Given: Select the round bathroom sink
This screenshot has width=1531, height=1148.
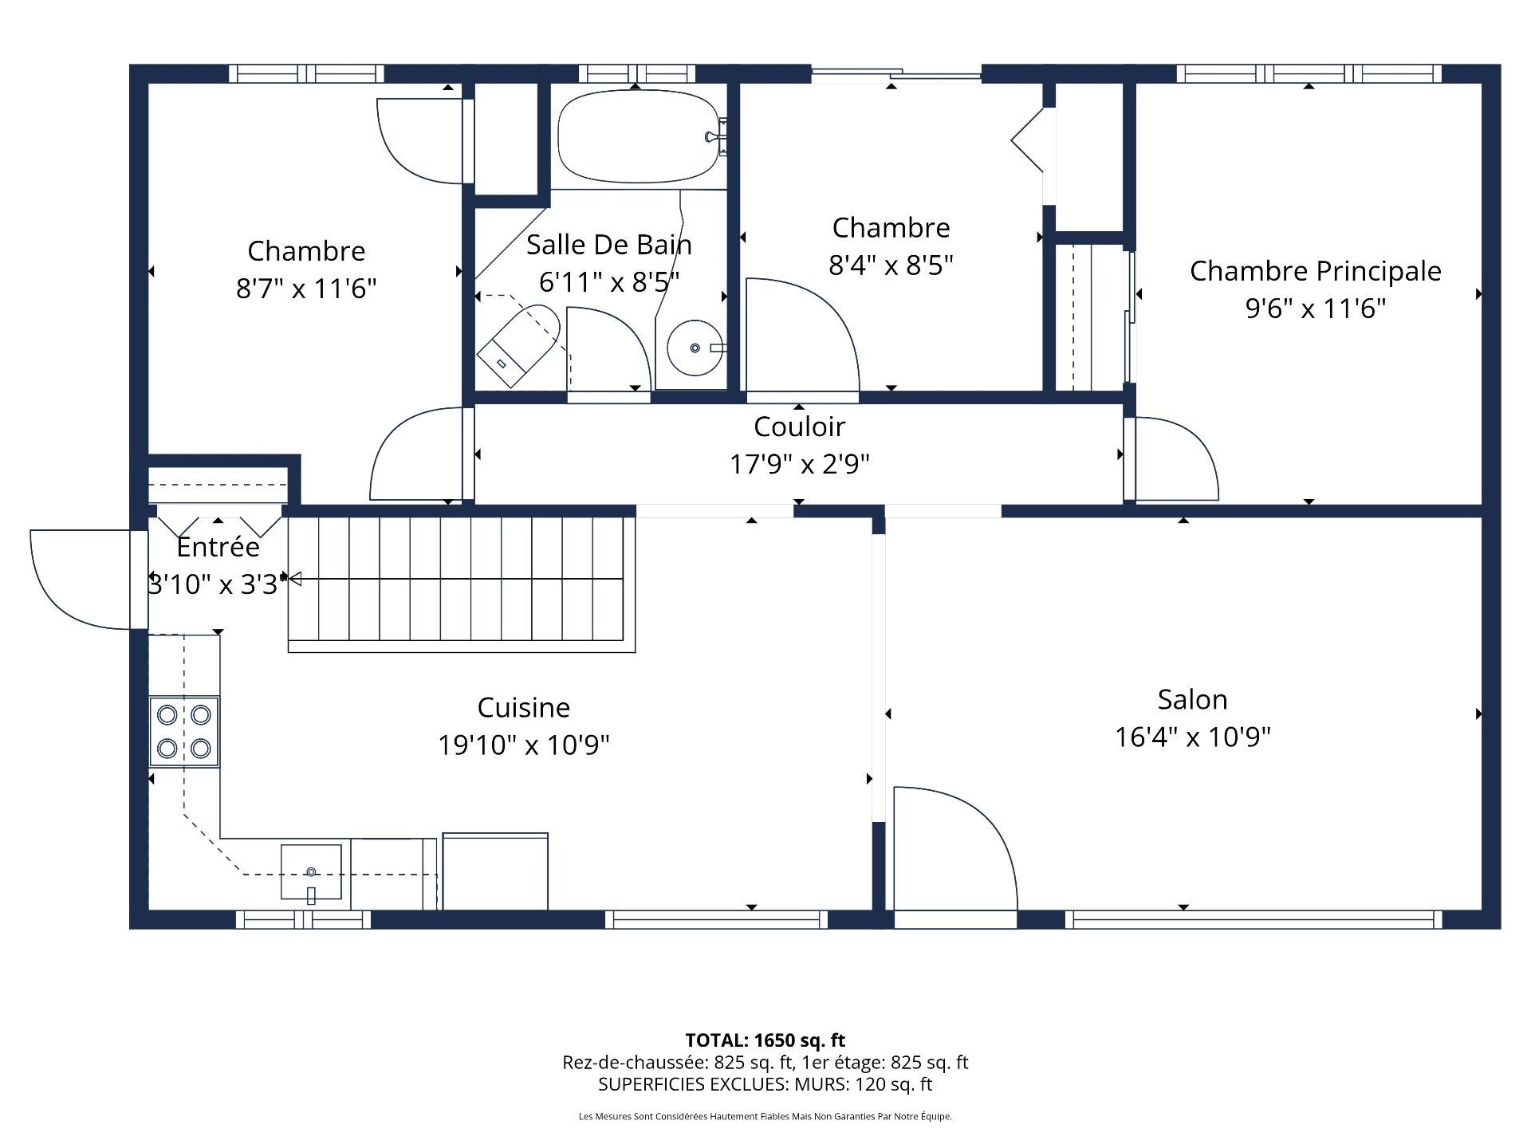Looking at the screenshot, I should pyautogui.click(x=695, y=348).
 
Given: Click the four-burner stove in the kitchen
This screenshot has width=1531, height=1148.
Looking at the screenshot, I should pyautogui.click(x=184, y=731).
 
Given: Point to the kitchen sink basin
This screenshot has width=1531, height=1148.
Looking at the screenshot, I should pyautogui.click(x=311, y=871).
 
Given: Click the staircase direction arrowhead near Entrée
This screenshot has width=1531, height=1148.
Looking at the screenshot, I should pyautogui.click(x=294, y=579).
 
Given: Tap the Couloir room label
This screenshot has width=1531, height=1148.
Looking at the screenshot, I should pyautogui.click(x=799, y=427).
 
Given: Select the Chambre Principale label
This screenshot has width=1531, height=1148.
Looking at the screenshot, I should pyautogui.click(x=1315, y=271).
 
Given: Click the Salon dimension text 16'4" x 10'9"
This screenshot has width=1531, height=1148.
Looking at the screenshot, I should pyautogui.click(x=1192, y=737).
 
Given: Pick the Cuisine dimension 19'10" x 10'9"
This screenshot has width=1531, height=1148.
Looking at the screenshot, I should pyautogui.click(x=524, y=745).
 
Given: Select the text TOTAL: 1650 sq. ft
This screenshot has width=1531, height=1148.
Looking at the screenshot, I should pyautogui.click(x=765, y=1040).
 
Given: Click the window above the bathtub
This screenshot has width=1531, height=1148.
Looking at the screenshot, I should pyautogui.click(x=636, y=73).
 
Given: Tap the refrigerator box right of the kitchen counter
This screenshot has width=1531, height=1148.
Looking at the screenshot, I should pyautogui.click(x=495, y=871).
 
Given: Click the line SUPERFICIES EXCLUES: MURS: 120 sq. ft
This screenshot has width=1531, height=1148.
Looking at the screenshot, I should pyautogui.click(x=765, y=1084).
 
